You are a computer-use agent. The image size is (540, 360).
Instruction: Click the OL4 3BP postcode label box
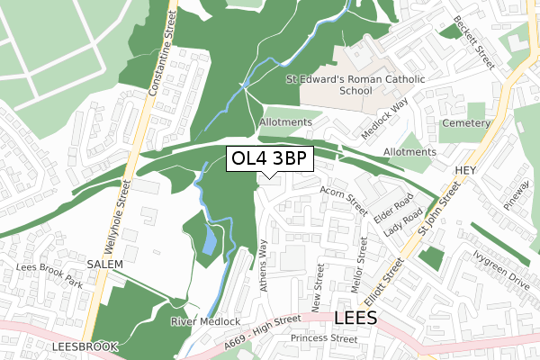[270, 159]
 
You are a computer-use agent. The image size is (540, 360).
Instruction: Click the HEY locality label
[464, 169]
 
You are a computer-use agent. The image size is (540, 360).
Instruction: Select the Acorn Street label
[344, 201]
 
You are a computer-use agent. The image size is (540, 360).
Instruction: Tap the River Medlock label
[205, 321]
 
